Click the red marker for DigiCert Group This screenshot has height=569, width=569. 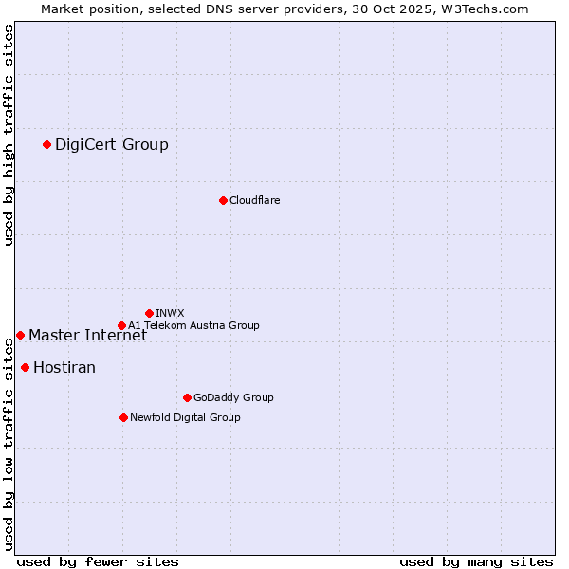(46, 144)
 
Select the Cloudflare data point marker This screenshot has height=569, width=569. (223, 200)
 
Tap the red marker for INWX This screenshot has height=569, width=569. (149, 313)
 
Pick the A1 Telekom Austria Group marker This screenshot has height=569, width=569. (121, 325)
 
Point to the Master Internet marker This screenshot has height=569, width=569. (20, 335)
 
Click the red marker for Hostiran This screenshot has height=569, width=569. (25, 367)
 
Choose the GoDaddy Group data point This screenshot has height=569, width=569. (187, 397)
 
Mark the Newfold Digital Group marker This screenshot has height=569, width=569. (123, 417)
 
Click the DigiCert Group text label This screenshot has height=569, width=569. (112, 144)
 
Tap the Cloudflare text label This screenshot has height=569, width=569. (254, 200)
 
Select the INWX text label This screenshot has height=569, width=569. (170, 313)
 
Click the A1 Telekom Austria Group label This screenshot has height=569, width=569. (193, 325)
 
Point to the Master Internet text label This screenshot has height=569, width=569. (87, 335)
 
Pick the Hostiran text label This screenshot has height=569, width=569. (64, 367)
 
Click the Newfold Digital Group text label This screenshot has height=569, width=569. (185, 417)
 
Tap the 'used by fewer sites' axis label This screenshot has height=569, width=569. (98, 561)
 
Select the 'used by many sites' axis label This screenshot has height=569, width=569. (476, 561)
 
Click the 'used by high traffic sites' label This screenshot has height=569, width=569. (9, 135)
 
